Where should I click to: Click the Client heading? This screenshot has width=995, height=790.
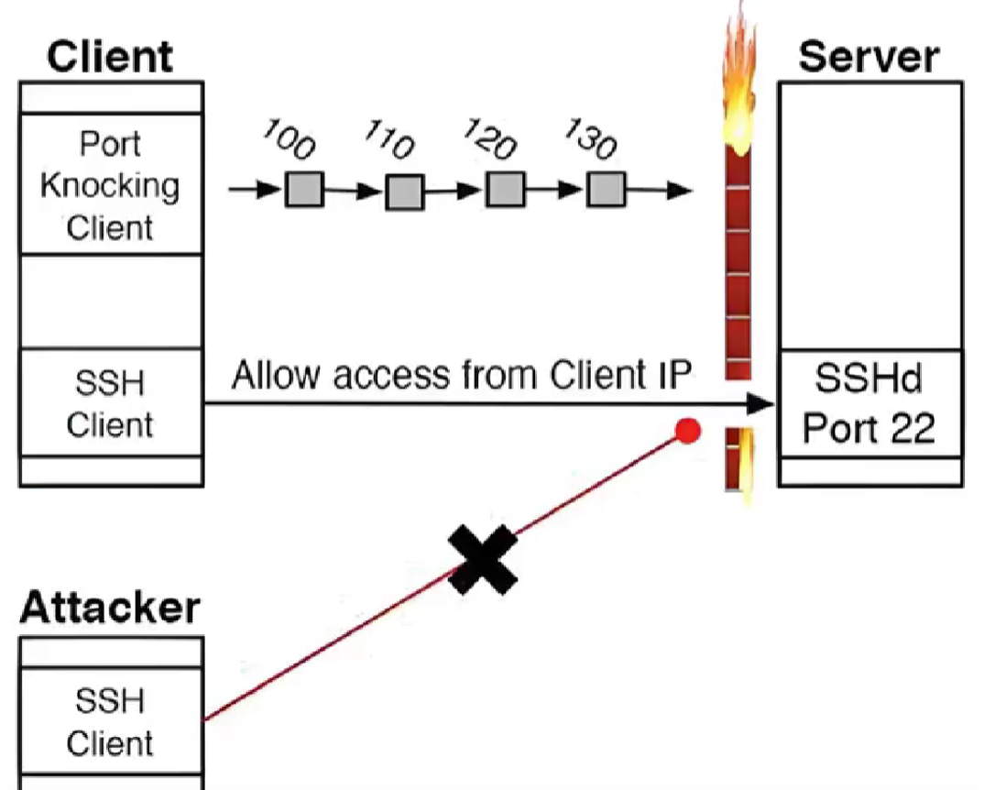110,57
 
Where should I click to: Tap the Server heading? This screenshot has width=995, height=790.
869,57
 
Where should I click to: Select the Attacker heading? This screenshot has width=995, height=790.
110,608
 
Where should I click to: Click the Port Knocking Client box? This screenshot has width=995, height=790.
110,185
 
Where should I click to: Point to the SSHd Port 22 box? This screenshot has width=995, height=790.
869,403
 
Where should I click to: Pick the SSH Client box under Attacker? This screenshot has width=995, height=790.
110,722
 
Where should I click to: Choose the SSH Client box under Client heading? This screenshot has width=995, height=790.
110,403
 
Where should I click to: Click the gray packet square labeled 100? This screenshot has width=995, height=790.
304,190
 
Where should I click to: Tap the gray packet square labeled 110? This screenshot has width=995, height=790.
404,191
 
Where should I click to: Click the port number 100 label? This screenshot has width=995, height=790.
290,138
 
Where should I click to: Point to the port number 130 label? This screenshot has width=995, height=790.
591,137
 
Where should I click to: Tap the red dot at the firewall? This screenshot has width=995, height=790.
688,431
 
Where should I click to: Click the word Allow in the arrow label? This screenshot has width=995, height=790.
272,376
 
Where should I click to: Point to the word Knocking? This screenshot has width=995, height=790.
110,185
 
